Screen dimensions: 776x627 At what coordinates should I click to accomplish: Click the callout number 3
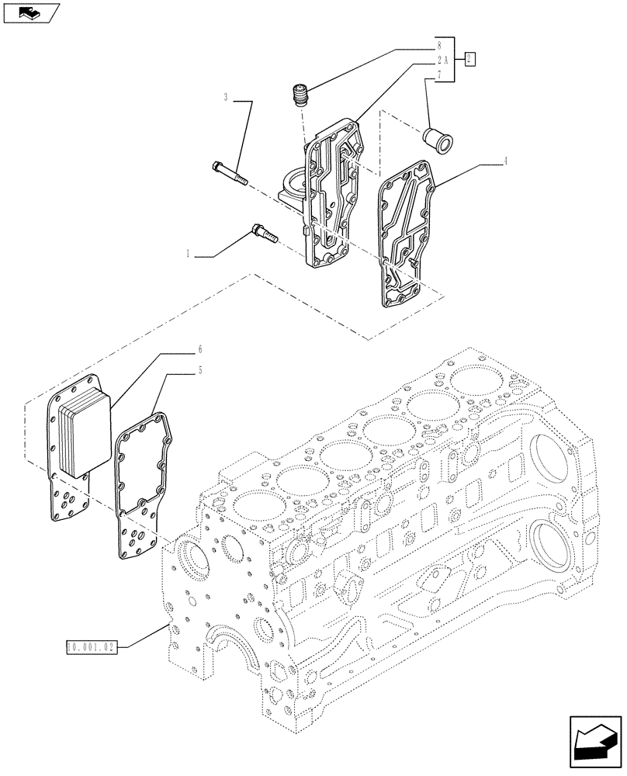[226, 98]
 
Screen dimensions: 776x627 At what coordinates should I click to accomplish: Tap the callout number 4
[505, 161]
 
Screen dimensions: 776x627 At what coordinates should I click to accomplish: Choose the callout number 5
[200, 371]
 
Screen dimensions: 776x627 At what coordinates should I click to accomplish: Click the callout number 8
[438, 46]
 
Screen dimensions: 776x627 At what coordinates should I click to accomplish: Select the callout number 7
[438, 74]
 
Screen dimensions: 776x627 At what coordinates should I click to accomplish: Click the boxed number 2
[470, 59]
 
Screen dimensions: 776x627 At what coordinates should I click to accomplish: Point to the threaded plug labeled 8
[300, 97]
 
